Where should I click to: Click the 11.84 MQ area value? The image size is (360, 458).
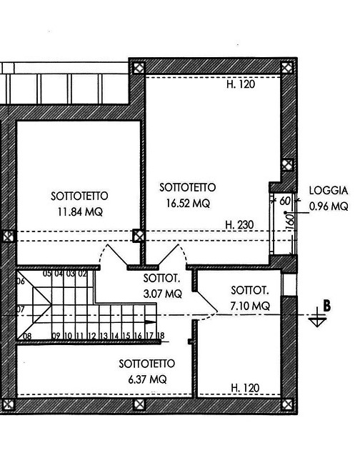coord(80,211)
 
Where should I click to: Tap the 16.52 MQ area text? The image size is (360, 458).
coord(188,203)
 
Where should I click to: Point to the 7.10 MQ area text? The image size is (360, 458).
coord(250,305)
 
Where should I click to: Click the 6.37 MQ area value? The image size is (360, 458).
coord(144,379)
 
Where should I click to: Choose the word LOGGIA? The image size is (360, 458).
coord(328,191)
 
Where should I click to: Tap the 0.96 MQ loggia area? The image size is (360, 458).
coord(328,207)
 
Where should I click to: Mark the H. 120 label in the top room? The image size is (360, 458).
coord(241,84)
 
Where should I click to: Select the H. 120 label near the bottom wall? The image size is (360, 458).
coord(245,389)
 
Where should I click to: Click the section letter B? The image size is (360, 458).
coord(327,305)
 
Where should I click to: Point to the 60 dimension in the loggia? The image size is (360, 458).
coord(285,201)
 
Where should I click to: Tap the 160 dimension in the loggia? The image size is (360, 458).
coord(290,219)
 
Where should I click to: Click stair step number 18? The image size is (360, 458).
coord(161,335)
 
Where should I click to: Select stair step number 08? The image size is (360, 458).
coord(26,335)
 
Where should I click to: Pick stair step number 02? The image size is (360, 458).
coord(82,272)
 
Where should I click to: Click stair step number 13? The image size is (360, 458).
coord(103,335)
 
